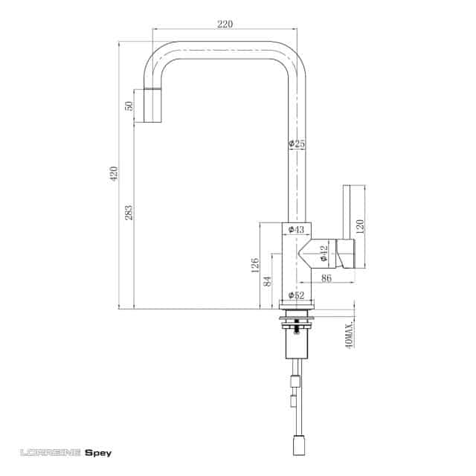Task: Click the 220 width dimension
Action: (x=225, y=24)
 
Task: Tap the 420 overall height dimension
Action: (x=114, y=173)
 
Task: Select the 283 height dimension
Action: (x=129, y=213)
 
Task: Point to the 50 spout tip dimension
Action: (x=129, y=106)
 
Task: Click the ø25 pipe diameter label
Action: (x=297, y=144)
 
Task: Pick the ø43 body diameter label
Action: (x=296, y=229)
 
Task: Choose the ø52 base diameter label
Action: (x=296, y=295)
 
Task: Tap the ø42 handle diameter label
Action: (x=324, y=254)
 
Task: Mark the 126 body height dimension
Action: (x=255, y=265)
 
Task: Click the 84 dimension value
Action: (x=268, y=281)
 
